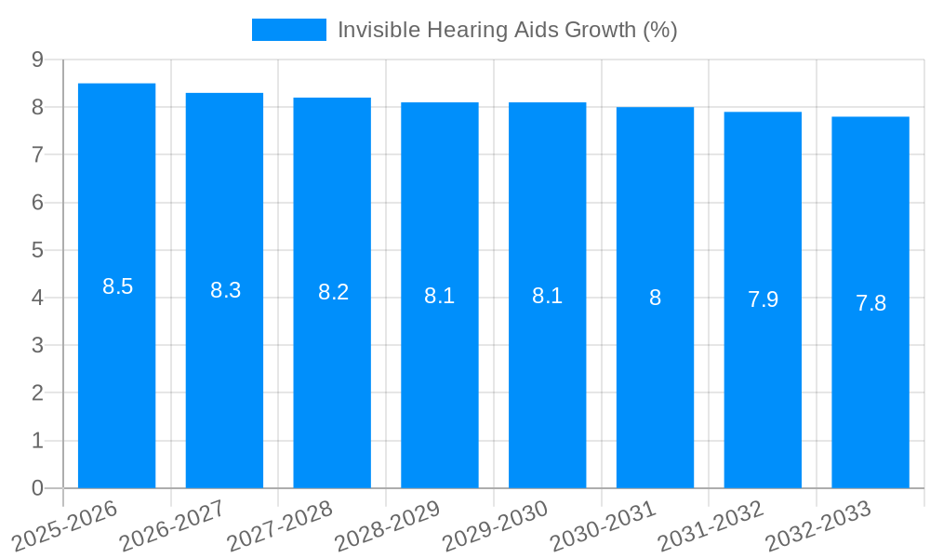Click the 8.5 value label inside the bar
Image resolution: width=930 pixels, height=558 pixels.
(x=118, y=286)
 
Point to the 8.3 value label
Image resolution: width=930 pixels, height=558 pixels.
(x=225, y=290)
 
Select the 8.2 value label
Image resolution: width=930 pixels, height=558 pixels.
(x=333, y=292)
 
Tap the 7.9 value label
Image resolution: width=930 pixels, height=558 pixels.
(x=763, y=299)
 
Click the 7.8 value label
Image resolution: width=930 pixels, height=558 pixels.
(x=870, y=303)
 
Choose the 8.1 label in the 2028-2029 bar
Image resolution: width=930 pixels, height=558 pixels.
(x=440, y=296)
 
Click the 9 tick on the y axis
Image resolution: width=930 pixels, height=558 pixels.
(x=37, y=60)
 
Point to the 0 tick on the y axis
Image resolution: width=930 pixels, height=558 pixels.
(x=37, y=488)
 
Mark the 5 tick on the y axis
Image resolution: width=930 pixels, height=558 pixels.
(x=37, y=250)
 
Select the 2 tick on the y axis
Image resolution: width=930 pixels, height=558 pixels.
(x=37, y=393)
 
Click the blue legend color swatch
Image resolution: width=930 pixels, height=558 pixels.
(x=289, y=30)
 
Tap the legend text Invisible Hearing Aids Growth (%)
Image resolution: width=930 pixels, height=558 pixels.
(x=507, y=30)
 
